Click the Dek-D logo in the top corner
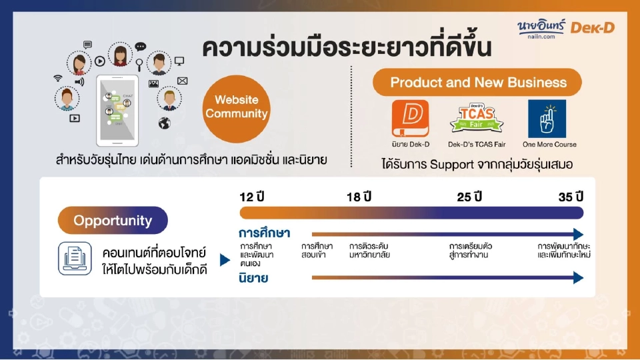click(597, 27)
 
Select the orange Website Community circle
click(236, 109)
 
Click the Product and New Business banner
click(477, 83)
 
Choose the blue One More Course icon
click(547, 119)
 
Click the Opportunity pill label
click(113, 221)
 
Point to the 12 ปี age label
click(253, 197)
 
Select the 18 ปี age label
click(359, 197)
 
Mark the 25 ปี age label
click(469, 197)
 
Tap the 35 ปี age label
click(571, 197)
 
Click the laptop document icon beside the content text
click(75, 259)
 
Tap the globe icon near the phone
click(165, 123)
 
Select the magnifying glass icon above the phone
click(139, 64)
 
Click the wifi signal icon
click(59, 77)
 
